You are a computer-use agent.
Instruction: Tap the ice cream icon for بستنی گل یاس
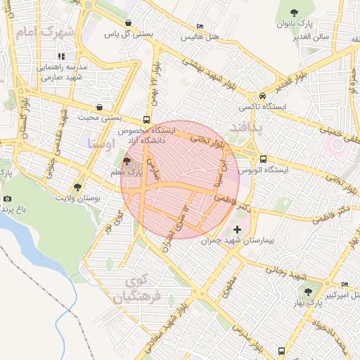point(110,21)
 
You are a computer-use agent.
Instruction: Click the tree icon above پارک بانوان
point(295,12)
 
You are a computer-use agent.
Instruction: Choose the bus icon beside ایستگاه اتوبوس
point(263,159)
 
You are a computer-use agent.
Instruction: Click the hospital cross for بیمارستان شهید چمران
point(237,229)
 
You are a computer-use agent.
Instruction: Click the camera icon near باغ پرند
point(7,199)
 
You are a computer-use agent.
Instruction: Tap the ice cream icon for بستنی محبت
point(98,107)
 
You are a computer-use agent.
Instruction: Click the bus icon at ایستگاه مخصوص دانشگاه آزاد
point(146,120)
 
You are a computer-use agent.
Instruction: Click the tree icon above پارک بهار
point(307,291)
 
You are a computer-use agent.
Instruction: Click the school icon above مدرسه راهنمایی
point(61,56)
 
